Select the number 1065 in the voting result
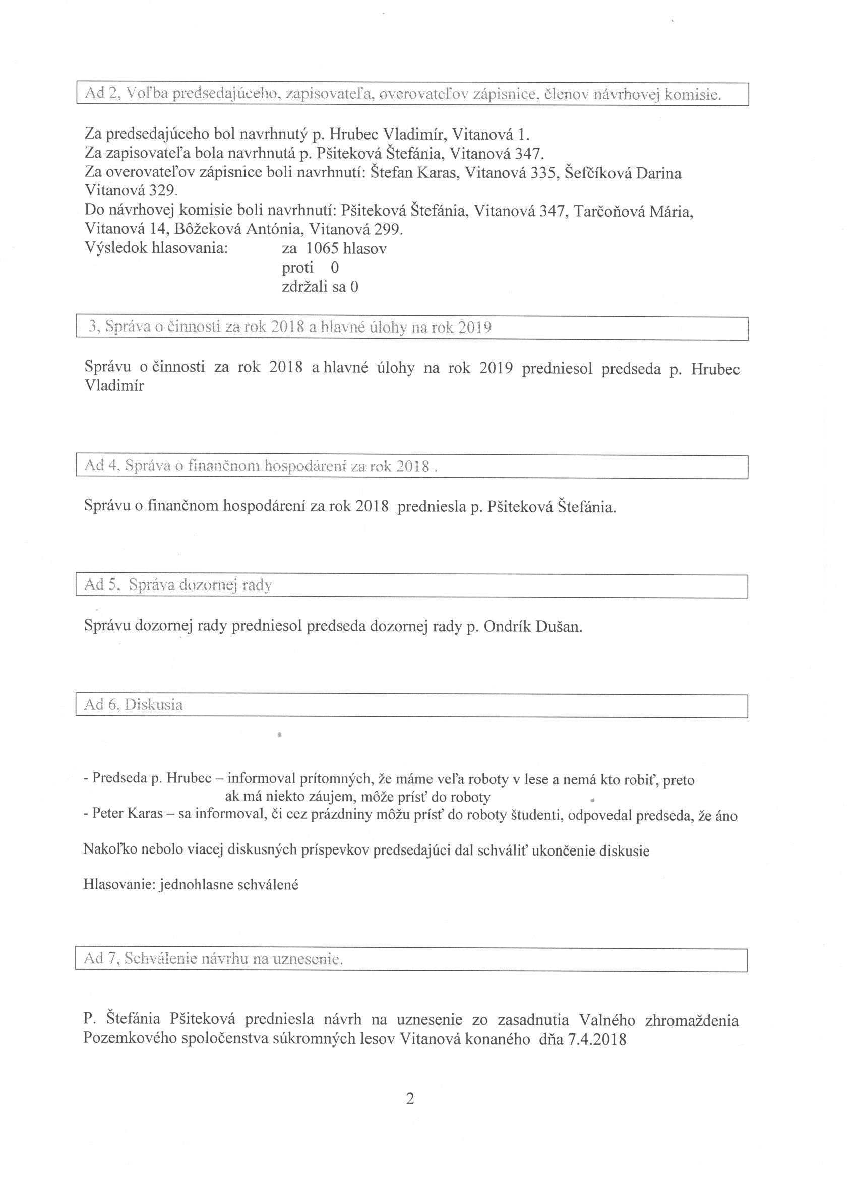pos(322,249)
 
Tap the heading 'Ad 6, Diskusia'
pos(133,705)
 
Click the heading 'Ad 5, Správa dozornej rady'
pos(178,585)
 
